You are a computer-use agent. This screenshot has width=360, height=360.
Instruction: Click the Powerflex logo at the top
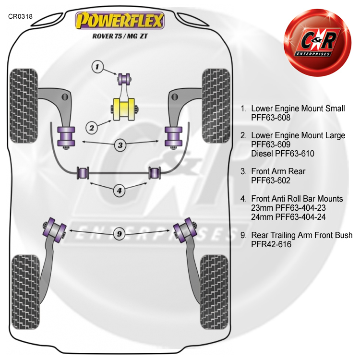click(x=120, y=21)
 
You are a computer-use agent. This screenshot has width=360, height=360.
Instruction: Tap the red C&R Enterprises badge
click(x=318, y=42)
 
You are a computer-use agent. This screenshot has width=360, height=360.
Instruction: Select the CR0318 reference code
click(x=21, y=16)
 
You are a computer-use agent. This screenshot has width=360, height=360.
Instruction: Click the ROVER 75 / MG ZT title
click(x=120, y=36)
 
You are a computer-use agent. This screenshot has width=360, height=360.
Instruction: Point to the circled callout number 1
click(x=97, y=67)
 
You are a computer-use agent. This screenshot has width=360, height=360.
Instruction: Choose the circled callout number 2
click(x=92, y=128)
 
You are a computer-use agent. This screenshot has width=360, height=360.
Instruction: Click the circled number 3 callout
click(x=120, y=145)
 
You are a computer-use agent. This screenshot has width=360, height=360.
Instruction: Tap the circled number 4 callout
click(x=120, y=191)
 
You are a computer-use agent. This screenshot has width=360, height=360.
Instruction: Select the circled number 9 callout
click(x=120, y=234)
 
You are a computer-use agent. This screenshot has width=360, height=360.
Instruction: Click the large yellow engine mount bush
click(x=124, y=109)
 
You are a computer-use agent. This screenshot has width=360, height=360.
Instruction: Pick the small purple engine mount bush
click(x=124, y=79)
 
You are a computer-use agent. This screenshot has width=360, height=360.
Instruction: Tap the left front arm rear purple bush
click(x=66, y=137)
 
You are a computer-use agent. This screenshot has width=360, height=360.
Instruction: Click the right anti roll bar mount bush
click(x=155, y=173)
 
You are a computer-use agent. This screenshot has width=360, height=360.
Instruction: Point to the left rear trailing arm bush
click(x=54, y=230)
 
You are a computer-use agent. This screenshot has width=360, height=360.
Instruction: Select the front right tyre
click(x=216, y=106)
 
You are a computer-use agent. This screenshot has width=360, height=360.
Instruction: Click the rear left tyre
click(x=25, y=292)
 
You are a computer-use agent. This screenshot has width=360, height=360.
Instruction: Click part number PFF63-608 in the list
click(x=271, y=118)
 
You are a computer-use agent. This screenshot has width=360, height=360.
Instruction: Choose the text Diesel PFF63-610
click(x=283, y=154)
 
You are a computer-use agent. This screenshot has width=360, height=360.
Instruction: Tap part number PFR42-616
click(x=271, y=244)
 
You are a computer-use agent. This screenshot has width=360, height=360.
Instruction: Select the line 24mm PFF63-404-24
click(x=288, y=217)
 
